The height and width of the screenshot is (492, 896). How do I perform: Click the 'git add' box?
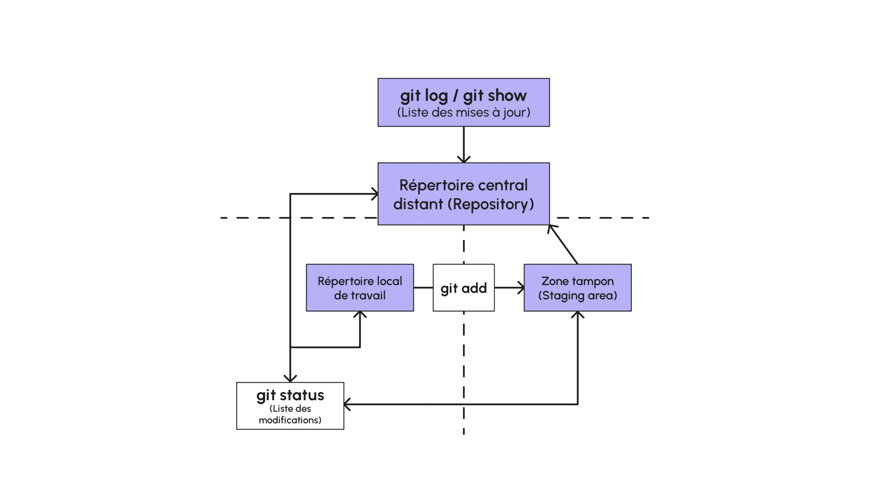463,287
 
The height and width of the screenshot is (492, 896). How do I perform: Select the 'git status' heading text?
290,395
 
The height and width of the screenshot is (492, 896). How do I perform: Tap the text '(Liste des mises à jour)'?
463,112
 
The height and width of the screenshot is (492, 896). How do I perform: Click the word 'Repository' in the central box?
490,204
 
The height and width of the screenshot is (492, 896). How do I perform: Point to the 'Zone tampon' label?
577,281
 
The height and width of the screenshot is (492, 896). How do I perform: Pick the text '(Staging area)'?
577,296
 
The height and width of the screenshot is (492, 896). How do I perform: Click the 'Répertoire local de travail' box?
360,287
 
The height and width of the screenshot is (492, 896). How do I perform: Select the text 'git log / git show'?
463,95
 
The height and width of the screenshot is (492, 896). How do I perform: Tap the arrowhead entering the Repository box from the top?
464,160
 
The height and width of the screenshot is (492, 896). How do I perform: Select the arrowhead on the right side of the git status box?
347,404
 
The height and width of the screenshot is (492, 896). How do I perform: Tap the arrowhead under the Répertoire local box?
360,314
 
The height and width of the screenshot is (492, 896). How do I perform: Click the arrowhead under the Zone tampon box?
577,314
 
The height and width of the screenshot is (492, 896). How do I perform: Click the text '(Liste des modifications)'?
290,414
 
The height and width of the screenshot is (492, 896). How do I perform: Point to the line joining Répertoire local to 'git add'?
423,287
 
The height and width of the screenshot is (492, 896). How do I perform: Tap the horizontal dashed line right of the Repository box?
602,217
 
